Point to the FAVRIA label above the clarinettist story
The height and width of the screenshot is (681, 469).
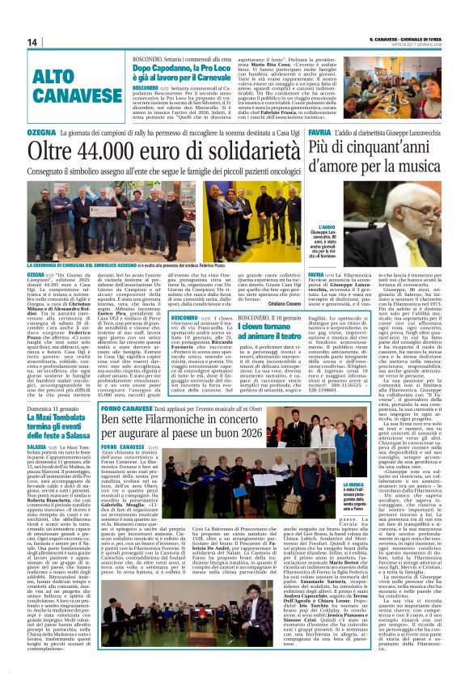(319, 132)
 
